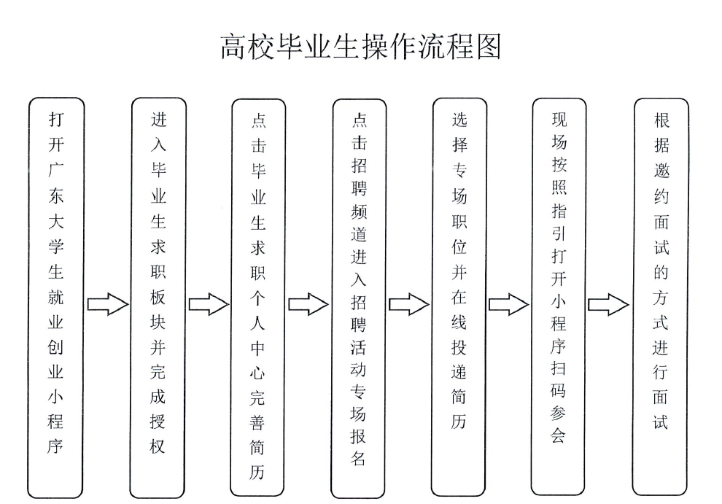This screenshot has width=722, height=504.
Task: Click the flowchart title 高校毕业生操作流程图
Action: tap(360, 47)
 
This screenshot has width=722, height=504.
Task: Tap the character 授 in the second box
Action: tap(158, 421)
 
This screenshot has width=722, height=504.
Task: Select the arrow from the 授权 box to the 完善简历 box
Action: tap(208, 303)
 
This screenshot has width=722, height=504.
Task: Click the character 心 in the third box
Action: tap(258, 374)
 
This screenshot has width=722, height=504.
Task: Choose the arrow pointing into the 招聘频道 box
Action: tap(308, 303)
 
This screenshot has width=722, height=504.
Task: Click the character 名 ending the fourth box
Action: tap(359, 459)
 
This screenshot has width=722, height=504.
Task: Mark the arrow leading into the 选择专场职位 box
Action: tap(408, 303)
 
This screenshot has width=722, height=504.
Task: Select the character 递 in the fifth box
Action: tap(459, 372)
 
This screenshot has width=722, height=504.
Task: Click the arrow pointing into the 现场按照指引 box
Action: tap(508, 303)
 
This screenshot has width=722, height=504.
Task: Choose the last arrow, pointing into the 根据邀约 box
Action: tap(608, 303)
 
